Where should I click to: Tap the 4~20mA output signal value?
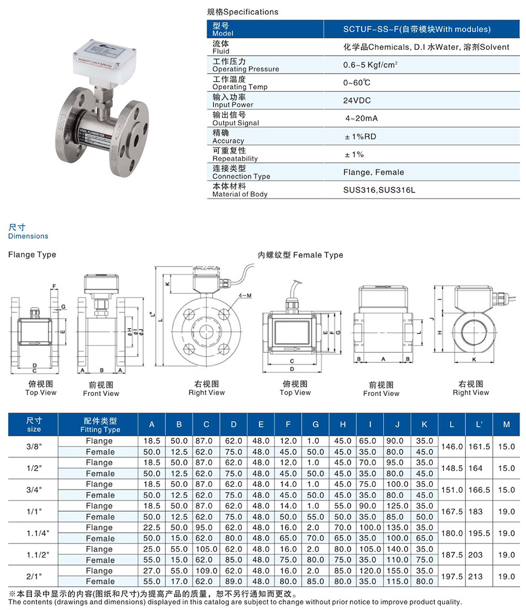pyautogui.click(x=361, y=118)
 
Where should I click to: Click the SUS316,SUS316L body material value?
pyautogui.click(x=379, y=190)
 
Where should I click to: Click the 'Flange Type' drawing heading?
pyautogui.click(x=32, y=255)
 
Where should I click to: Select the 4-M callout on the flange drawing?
pyautogui.click(x=245, y=296)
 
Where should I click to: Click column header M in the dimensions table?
pyautogui.click(x=506, y=424)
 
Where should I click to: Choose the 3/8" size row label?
pyautogui.click(x=34, y=446)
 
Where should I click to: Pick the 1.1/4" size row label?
pyautogui.click(x=34, y=533)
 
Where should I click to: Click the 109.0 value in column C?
pyautogui.click(x=207, y=571)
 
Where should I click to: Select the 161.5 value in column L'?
pyautogui.click(x=479, y=446)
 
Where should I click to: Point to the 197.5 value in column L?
pyautogui.click(x=452, y=576)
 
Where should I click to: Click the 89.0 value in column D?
pyautogui.click(x=234, y=582)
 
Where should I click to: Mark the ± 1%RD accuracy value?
pyautogui.click(x=360, y=136)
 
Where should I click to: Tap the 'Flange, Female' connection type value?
pyautogui.click(x=373, y=172)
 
